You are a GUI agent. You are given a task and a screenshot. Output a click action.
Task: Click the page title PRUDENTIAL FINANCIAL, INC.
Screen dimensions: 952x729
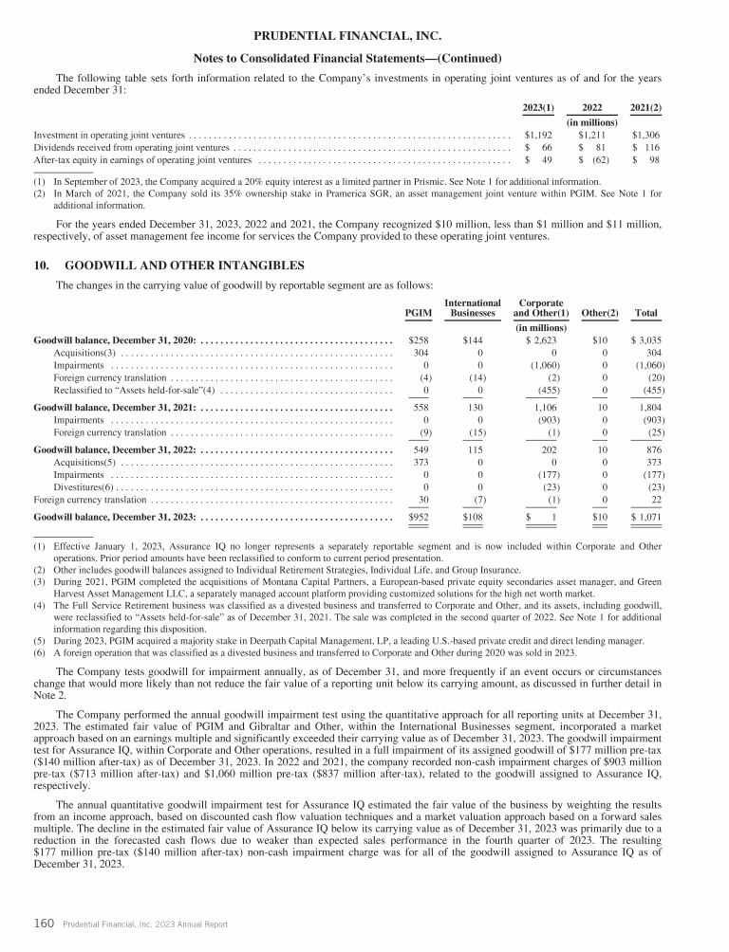(364, 36)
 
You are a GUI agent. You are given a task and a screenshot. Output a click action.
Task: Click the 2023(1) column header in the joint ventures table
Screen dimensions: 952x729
(539, 107)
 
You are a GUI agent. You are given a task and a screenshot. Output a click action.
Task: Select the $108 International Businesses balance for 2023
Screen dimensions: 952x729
(472, 518)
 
